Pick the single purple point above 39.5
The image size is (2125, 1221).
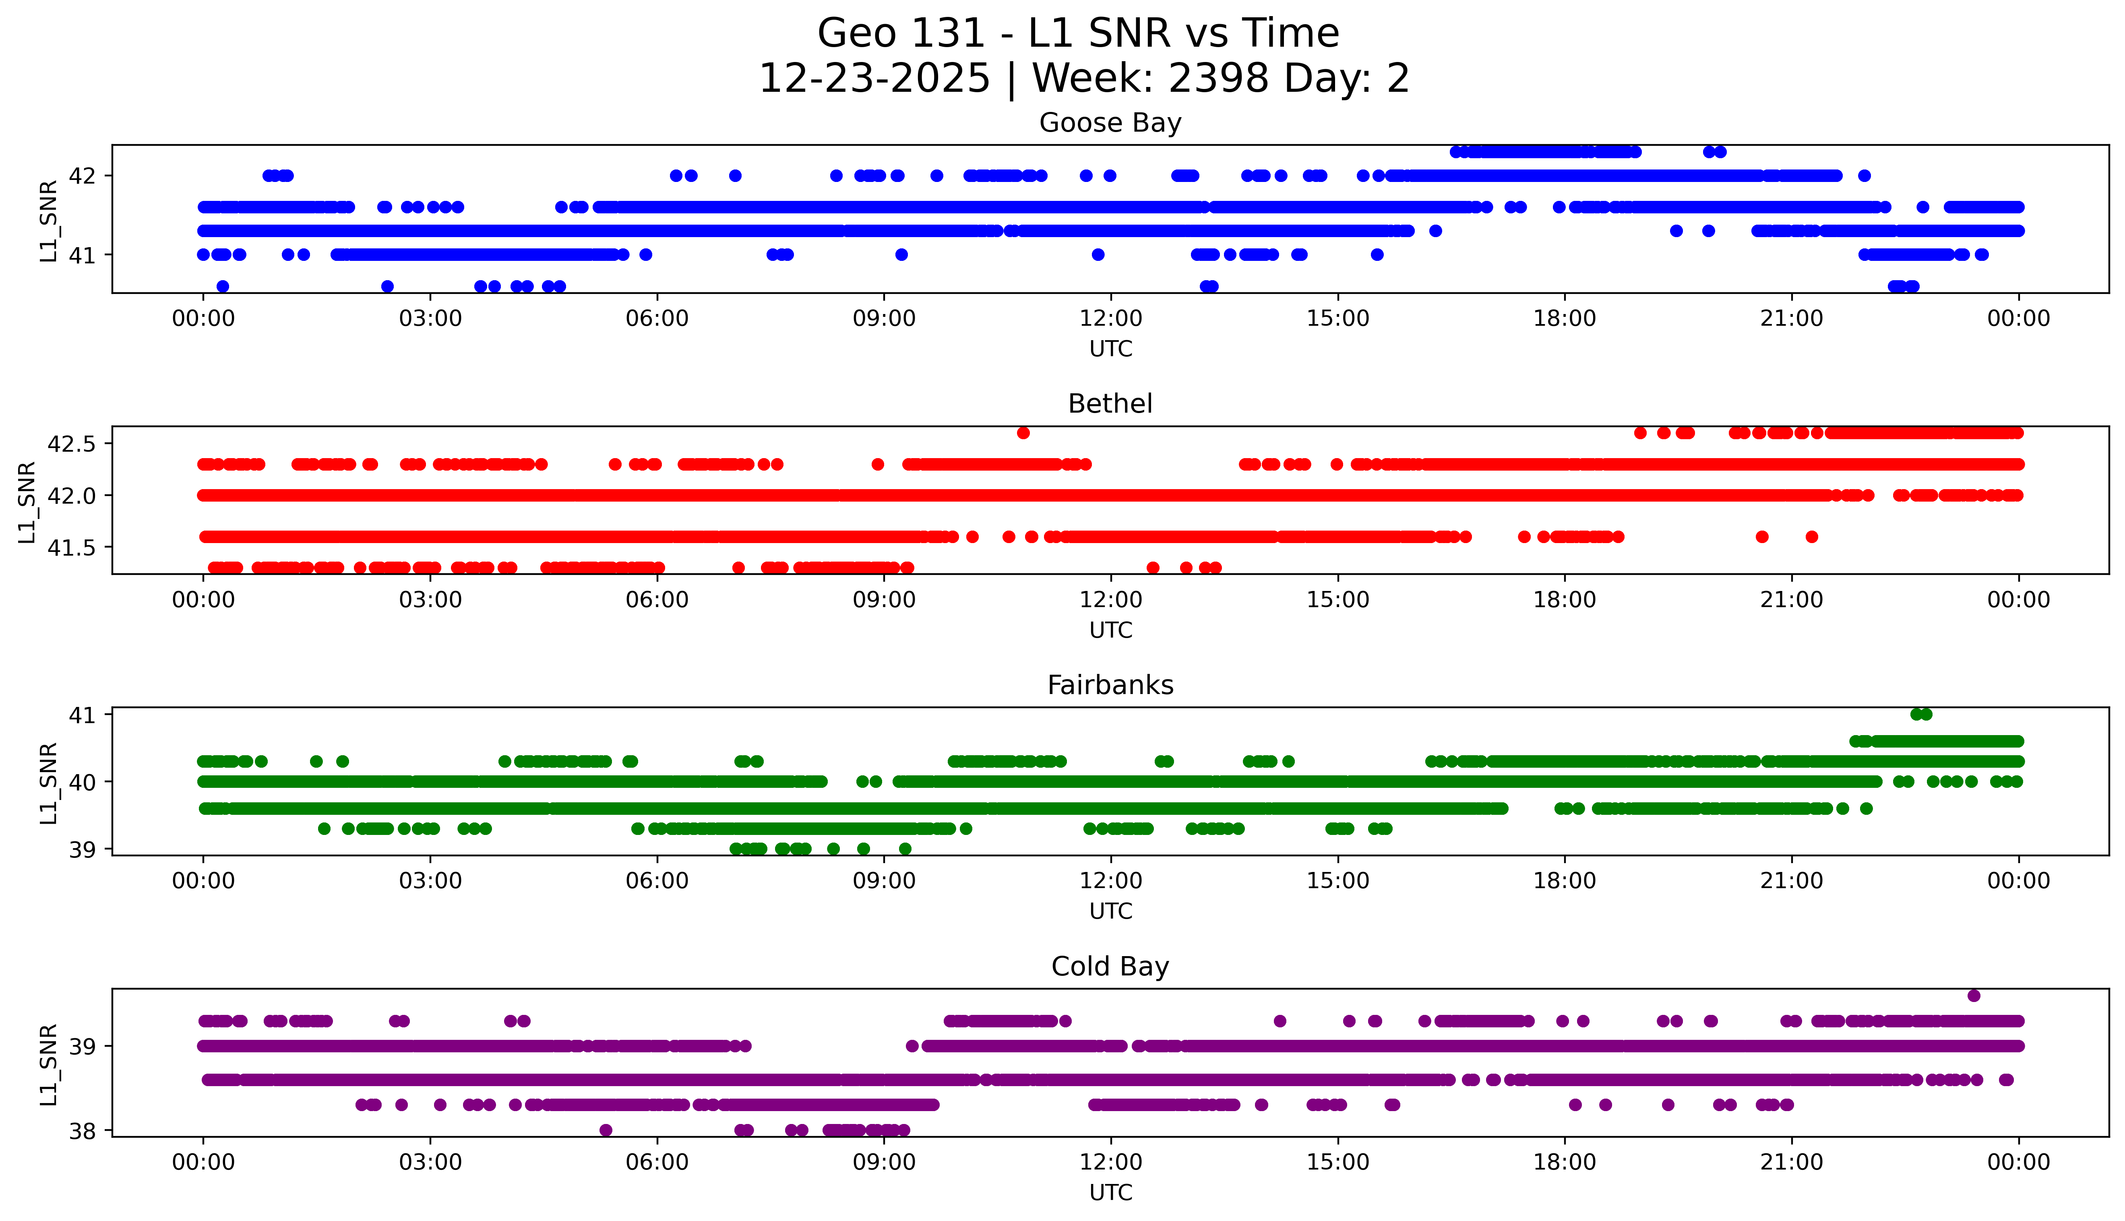[x=1973, y=996]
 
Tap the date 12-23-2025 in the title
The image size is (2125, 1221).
[x=874, y=79]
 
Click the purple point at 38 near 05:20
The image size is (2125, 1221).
[x=606, y=1130]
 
